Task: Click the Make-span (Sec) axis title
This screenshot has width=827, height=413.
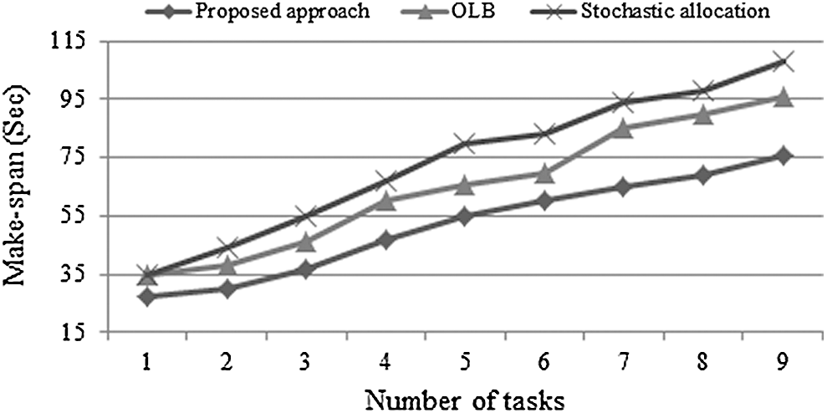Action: coord(18,186)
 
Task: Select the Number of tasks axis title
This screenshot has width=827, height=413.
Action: coord(463,396)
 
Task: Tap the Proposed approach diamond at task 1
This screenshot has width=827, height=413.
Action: coord(146,297)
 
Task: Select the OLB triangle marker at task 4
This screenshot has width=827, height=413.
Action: coord(385,201)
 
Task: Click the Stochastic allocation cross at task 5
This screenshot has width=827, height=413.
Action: coord(464,143)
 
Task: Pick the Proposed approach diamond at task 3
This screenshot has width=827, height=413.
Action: coord(305,270)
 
